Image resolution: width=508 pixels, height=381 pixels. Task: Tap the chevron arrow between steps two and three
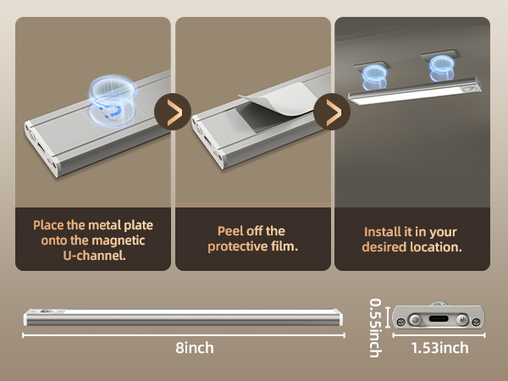332,112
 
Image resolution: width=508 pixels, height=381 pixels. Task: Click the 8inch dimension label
196,348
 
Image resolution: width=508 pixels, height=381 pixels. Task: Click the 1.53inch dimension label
440,348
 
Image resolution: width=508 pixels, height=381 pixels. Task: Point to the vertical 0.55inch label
375,326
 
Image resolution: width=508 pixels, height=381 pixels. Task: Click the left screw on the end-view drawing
403,319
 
